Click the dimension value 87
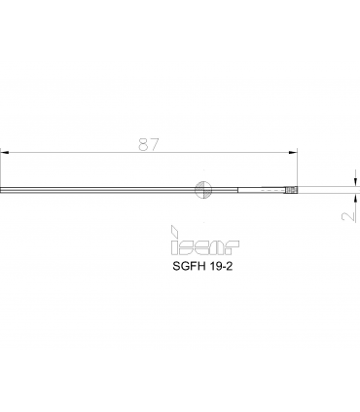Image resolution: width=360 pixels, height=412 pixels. [149, 144]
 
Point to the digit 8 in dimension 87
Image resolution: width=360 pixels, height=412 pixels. [144, 144]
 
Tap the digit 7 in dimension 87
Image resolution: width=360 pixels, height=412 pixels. [155, 144]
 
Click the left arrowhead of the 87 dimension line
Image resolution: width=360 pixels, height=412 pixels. [4, 152]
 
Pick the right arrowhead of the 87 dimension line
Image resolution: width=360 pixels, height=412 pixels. [293, 152]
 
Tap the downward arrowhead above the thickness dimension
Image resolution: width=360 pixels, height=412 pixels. [356, 182]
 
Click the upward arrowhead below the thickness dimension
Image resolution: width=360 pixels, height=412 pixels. [356, 198]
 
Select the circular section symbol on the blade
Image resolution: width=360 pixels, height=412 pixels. [203, 190]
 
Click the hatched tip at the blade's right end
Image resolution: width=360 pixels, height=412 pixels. [291, 190]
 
